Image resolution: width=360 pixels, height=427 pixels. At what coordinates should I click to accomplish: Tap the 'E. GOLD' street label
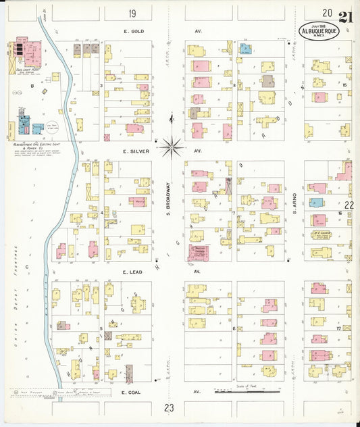pos(135,31)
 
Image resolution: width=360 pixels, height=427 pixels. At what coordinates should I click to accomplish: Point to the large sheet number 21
pos(345,16)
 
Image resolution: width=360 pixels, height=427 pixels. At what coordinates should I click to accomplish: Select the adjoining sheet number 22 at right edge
pos(349,204)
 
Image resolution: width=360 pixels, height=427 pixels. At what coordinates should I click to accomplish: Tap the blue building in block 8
pos(245,48)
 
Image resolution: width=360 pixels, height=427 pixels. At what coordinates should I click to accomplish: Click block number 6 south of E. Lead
pos(234,329)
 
